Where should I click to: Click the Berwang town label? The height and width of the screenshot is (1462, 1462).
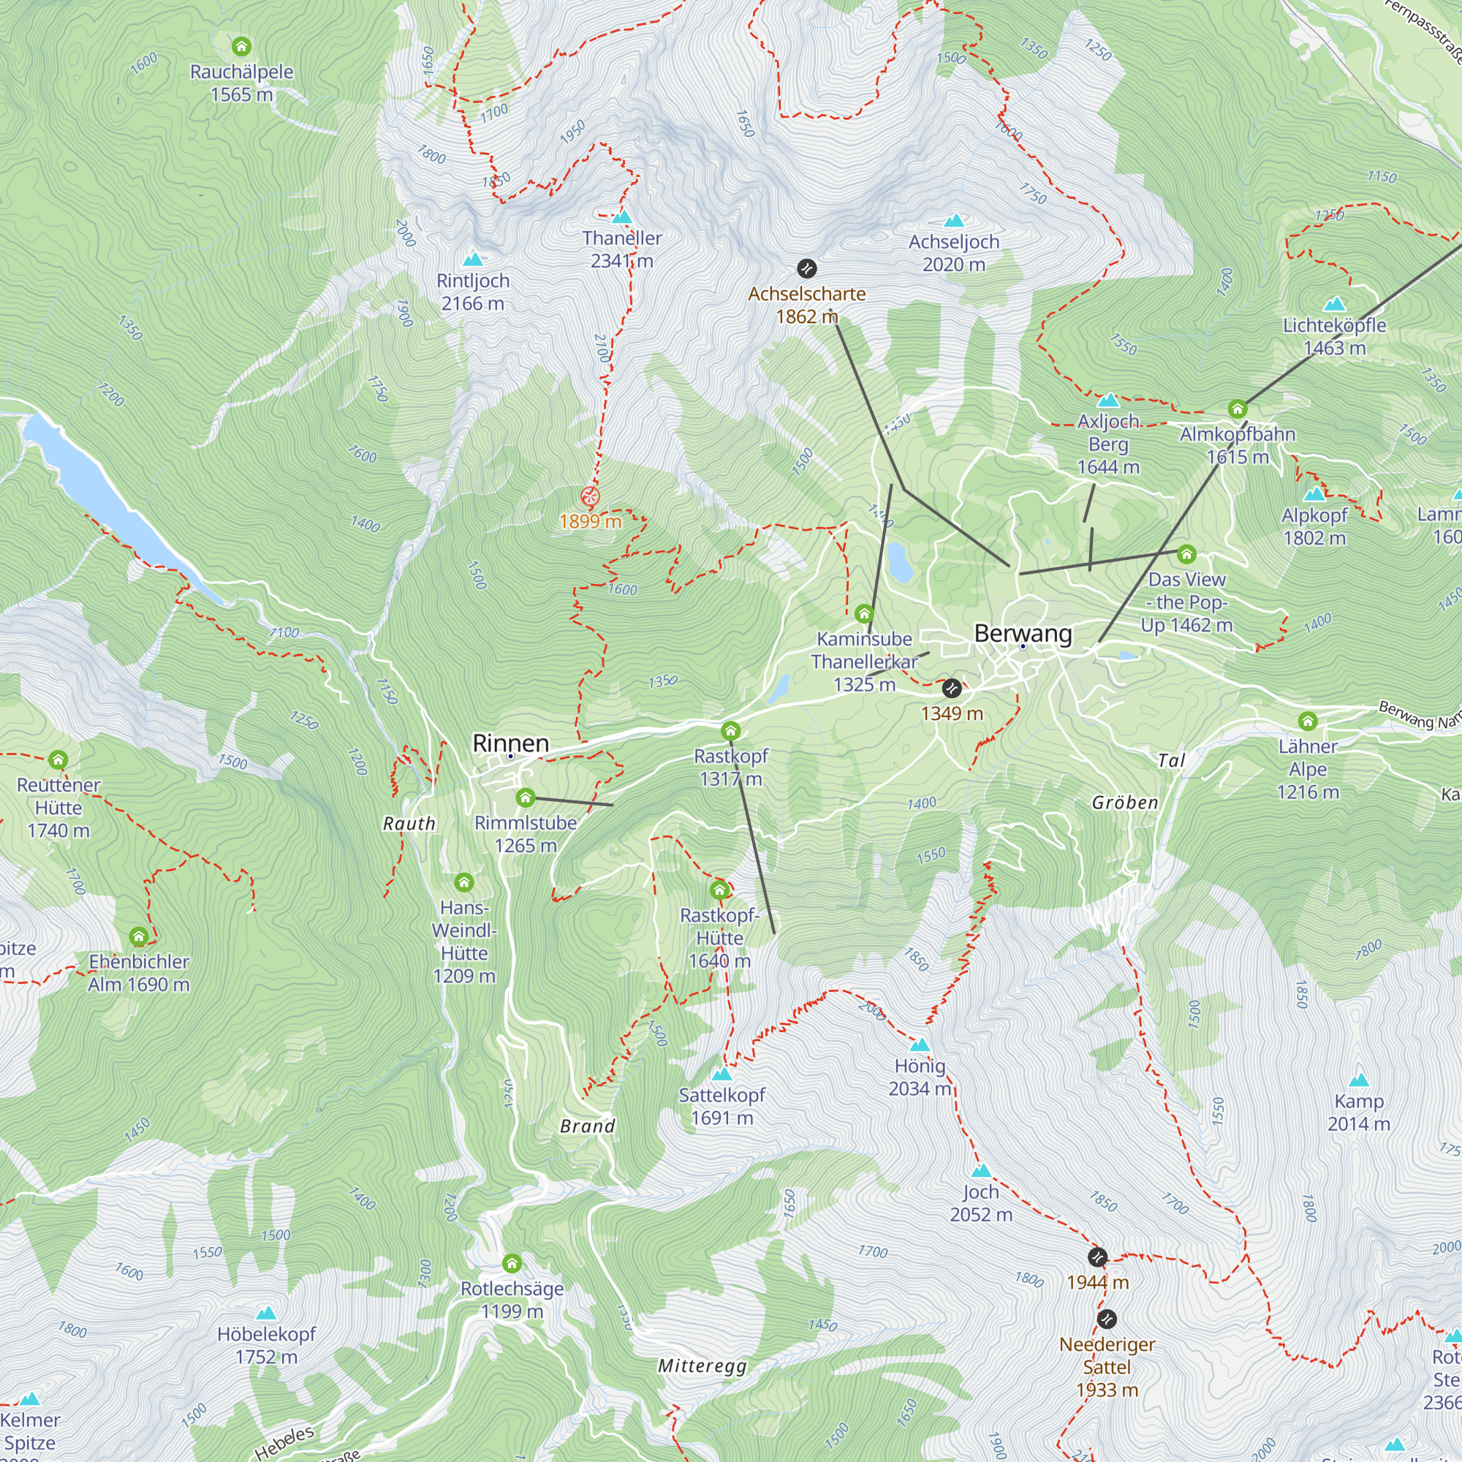click(x=1023, y=633)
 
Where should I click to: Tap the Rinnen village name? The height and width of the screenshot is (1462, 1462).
click(x=511, y=743)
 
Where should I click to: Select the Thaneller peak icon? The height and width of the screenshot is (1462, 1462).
click(x=622, y=217)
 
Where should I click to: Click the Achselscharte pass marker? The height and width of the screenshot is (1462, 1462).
click(x=807, y=268)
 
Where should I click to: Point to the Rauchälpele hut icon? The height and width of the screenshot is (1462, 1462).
click(x=241, y=47)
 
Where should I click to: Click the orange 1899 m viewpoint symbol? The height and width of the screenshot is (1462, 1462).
click(x=590, y=497)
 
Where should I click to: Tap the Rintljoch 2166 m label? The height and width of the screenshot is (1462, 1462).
click(x=473, y=292)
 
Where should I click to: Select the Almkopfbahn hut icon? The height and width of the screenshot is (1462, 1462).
click(x=1238, y=409)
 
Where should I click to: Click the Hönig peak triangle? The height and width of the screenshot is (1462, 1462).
click(x=920, y=1045)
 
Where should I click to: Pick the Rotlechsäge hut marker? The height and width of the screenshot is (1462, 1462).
click(x=512, y=1263)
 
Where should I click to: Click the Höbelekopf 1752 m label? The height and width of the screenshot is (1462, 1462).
click(x=266, y=1346)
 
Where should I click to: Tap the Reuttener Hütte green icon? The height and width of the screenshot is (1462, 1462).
click(x=58, y=760)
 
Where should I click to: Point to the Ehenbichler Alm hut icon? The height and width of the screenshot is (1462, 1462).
click(x=138, y=937)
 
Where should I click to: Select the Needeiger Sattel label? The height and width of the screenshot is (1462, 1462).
click(x=1107, y=1367)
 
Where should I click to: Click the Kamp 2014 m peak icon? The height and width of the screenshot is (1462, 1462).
click(x=1359, y=1080)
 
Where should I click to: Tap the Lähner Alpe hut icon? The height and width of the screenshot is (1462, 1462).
click(x=1308, y=721)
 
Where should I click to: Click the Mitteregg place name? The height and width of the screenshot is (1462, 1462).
click(x=702, y=1366)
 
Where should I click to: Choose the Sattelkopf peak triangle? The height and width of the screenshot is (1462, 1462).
click(x=722, y=1074)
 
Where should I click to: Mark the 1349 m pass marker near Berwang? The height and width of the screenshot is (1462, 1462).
click(x=952, y=689)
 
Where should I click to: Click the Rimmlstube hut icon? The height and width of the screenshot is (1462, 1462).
click(x=525, y=798)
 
